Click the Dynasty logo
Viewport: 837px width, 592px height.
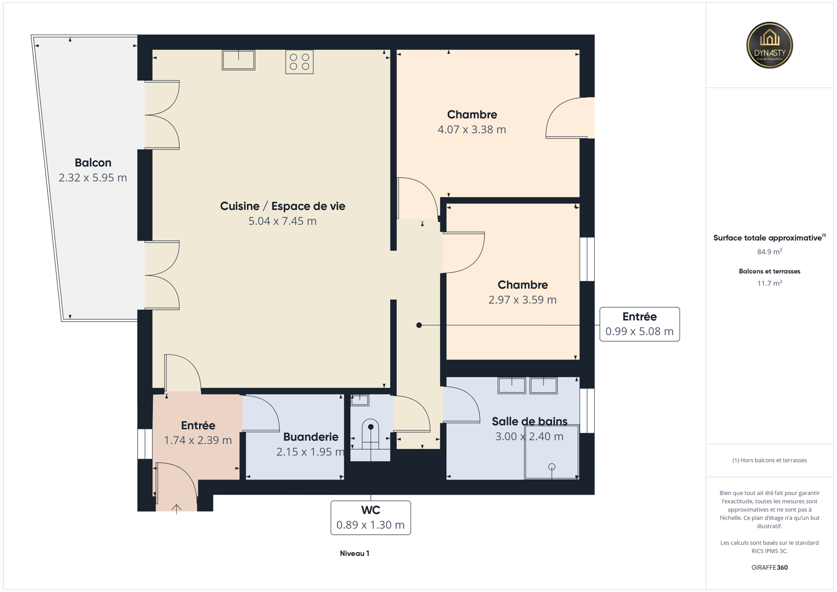coord(769,45)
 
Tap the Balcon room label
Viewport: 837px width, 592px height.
coord(93,163)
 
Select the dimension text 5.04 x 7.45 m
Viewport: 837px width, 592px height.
coord(282,221)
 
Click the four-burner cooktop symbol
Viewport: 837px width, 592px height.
coord(299,62)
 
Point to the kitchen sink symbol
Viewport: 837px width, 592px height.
coord(238,60)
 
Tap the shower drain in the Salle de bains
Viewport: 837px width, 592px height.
coord(552,467)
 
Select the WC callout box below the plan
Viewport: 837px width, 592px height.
coord(371,518)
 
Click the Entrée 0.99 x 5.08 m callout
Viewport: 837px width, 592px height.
coord(640,324)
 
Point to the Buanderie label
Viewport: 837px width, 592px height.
coord(311,437)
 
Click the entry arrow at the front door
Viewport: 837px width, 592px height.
coord(176,509)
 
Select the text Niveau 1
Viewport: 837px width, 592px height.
coord(355,554)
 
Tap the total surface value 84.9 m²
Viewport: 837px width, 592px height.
coord(770,252)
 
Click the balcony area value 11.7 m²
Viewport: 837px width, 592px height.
coord(770,283)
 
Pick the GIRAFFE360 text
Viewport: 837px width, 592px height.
coord(770,567)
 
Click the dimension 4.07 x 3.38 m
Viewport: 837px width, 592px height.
coord(472,130)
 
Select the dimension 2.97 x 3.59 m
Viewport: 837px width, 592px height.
coord(523,300)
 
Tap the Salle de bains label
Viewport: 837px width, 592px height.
coord(530,422)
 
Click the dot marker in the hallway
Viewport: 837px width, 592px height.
coord(419,325)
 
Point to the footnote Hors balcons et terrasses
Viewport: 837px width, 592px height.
coord(770,461)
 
